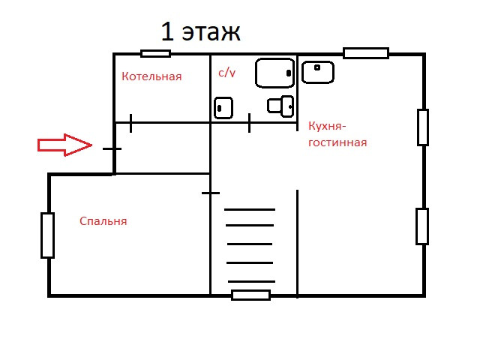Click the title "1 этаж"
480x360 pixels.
[200, 32]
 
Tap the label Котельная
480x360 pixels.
[151, 76]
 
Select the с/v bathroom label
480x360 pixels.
[227, 73]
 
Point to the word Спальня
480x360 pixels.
[103, 221]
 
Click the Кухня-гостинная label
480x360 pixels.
[337, 133]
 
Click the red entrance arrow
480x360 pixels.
[64, 145]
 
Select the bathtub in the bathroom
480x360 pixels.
[274, 73]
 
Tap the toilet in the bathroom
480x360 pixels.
[282, 106]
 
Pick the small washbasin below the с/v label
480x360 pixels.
[223, 108]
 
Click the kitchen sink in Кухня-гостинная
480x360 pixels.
[318, 72]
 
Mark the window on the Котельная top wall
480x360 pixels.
[156, 53]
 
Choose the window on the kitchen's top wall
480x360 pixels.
[366, 53]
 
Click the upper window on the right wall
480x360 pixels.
[423, 127]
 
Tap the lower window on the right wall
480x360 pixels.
[422, 226]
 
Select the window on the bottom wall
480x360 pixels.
[250, 295]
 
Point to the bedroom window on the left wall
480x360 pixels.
[48, 235]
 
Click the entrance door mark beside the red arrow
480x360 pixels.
[112, 148]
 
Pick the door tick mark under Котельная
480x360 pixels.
[131, 122]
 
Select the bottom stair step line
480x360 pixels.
[250, 281]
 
